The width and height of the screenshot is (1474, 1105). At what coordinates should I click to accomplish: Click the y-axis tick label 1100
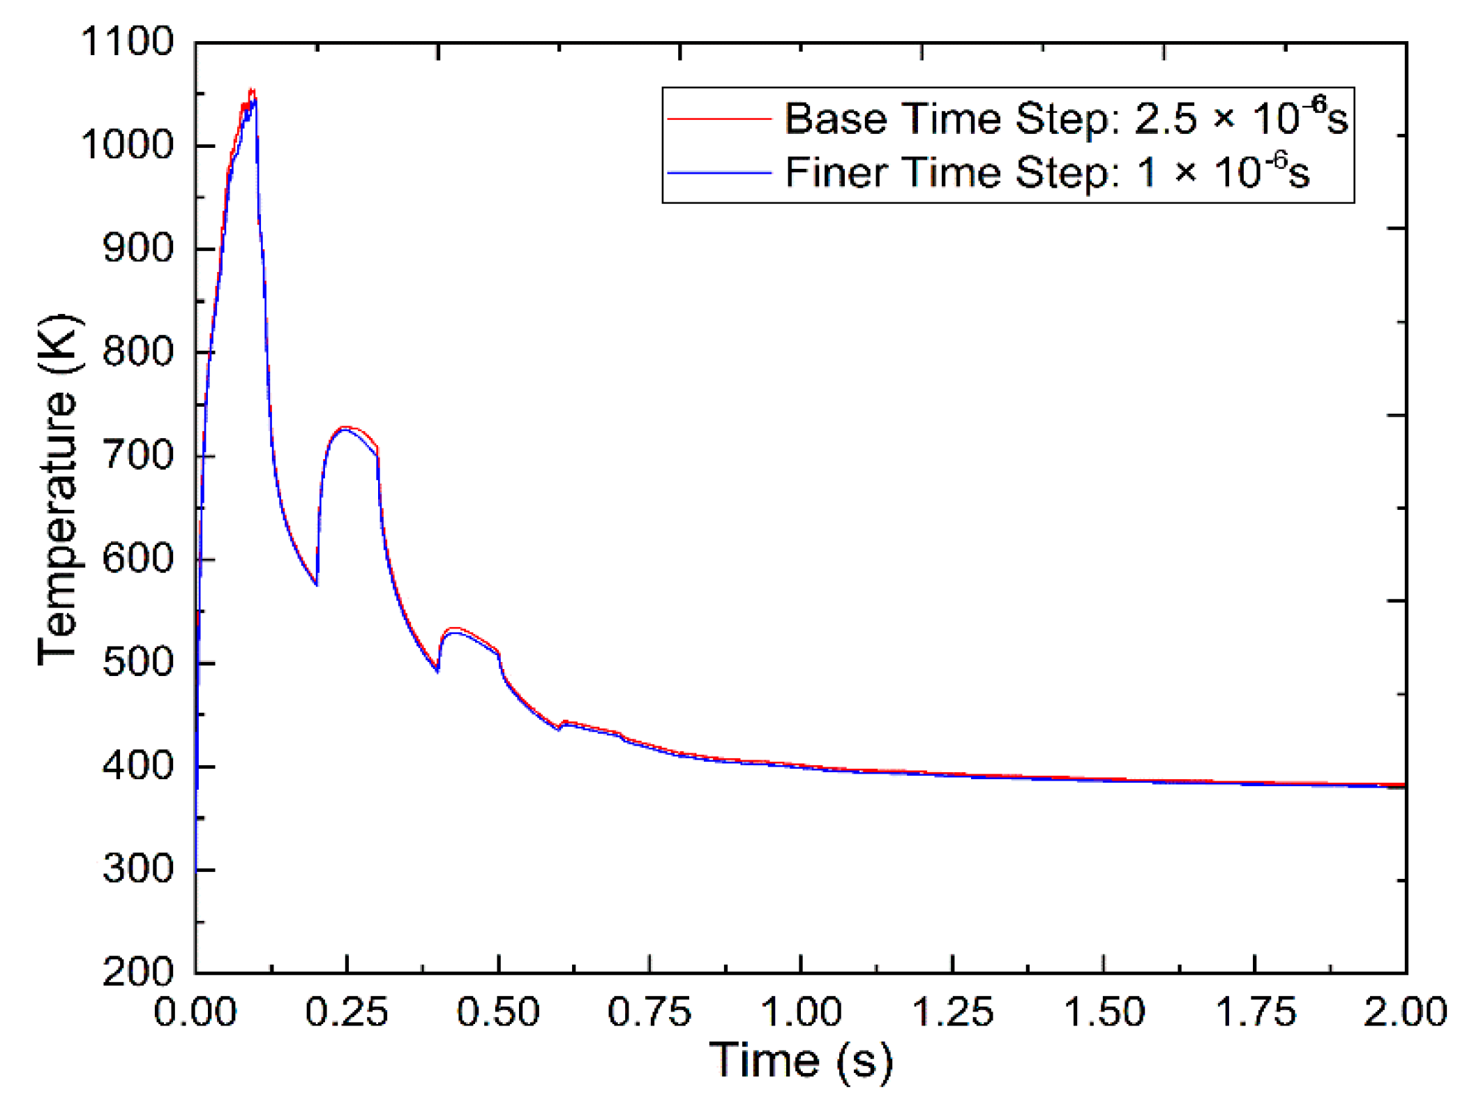(x=127, y=42)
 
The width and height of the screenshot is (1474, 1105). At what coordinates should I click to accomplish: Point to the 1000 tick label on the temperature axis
(x=127, y=145)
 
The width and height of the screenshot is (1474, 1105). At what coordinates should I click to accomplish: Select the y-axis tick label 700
(x=137, y=456)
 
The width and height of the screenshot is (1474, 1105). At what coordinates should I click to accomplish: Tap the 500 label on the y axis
(x=137, y=662)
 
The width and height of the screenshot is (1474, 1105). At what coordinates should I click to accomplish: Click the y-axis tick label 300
(x=137, y=869)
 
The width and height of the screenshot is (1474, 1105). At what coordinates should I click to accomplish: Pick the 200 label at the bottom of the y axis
(x=137, y=971)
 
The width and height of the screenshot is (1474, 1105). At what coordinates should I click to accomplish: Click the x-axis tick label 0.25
(x=347, y=1012)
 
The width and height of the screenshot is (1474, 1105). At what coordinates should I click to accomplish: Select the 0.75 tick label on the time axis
(x=649, y=1012)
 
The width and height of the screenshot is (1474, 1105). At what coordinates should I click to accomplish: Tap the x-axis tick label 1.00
(x=801, y=1012)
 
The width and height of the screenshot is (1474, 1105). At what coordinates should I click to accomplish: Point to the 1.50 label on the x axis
(x=1104, y=1012)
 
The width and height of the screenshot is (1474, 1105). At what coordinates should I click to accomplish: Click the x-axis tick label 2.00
(x=1405, y=1012)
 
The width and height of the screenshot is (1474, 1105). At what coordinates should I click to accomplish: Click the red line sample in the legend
(x=719, y=119)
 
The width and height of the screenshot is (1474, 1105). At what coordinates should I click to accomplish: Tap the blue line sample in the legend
(x=719, y=172)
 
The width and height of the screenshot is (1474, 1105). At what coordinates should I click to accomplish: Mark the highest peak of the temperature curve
(x=252, y=91)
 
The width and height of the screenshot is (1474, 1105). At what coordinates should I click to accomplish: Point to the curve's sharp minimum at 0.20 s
(x=317, y=584)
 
